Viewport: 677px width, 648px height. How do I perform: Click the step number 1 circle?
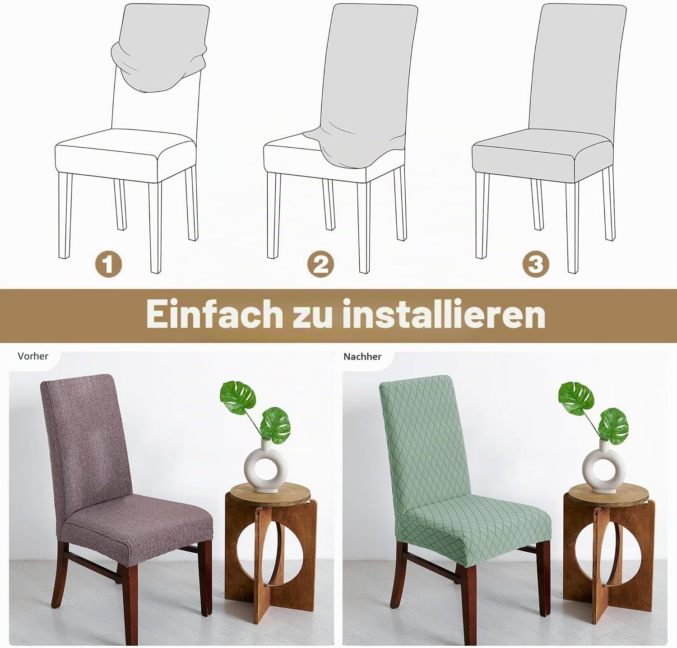pyautogui.click(x=108, y=264)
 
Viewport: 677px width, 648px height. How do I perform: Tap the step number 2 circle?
pyautogui.click(x=320, y=264)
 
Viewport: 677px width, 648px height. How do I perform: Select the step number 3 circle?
pyautogui.click(x=536, y=264)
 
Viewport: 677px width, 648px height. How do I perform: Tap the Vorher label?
pyautogui.click(x=33, y=356)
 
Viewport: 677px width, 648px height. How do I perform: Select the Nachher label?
pyautogui.click(x=362, y=357)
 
